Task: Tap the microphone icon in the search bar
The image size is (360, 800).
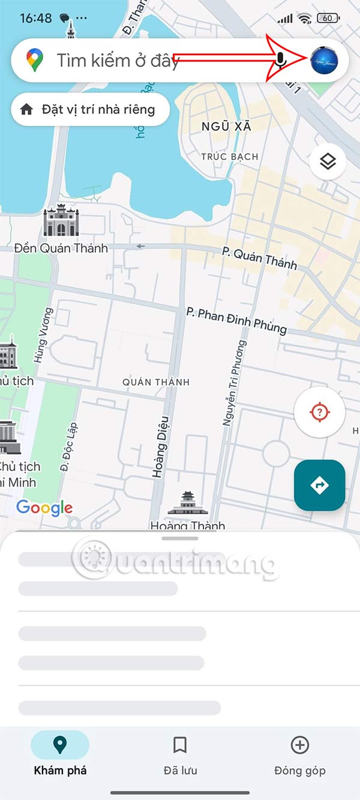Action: coord(281,60)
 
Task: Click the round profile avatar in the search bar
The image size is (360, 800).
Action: coord(324,60)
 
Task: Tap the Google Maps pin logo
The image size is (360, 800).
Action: coord(35,60)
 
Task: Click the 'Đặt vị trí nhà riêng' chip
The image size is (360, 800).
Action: coord(90,109)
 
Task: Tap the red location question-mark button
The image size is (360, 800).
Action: coord(319,412)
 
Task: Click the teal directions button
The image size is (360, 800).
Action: coord(319,485)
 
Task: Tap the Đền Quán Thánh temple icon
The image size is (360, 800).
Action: coord(61,221)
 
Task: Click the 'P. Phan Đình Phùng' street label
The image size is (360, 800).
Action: coord(236,320)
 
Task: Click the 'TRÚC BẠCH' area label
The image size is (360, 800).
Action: coord(230,157)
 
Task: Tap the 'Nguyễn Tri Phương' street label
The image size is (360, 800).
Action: coord(235,384)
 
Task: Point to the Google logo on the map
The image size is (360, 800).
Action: coord(44,508)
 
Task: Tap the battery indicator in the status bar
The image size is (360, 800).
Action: coord(328,18)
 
